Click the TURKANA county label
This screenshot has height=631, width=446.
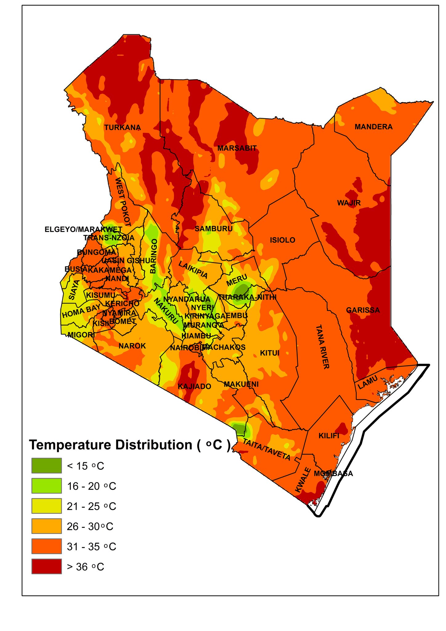tap(122, 128)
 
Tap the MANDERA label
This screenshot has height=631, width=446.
tap(373, 127)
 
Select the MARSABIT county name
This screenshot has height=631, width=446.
tap(237, 148)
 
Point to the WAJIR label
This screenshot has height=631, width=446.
tap(349, 203)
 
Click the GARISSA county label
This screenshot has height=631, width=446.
tap(363, 310)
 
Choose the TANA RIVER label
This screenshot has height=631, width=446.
tap(322, 347)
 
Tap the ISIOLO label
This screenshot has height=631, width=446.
tap(282, 240)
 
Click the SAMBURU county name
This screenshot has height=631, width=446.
tap(213, 229)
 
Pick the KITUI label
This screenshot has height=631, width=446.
tap(270, 353)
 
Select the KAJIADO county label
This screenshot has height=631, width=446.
tap(194, 386)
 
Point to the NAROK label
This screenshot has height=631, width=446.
tap(132, 346)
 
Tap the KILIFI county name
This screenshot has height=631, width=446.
tap(329, 436)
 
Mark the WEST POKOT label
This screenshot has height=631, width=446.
tap(123, 202)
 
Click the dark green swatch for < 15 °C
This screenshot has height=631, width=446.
tap(47, 466)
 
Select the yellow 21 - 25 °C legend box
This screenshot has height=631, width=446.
tap(47, 506)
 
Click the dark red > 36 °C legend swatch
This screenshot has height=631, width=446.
tap(47, 566)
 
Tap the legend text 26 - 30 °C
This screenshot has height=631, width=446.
tap(90, 526)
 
